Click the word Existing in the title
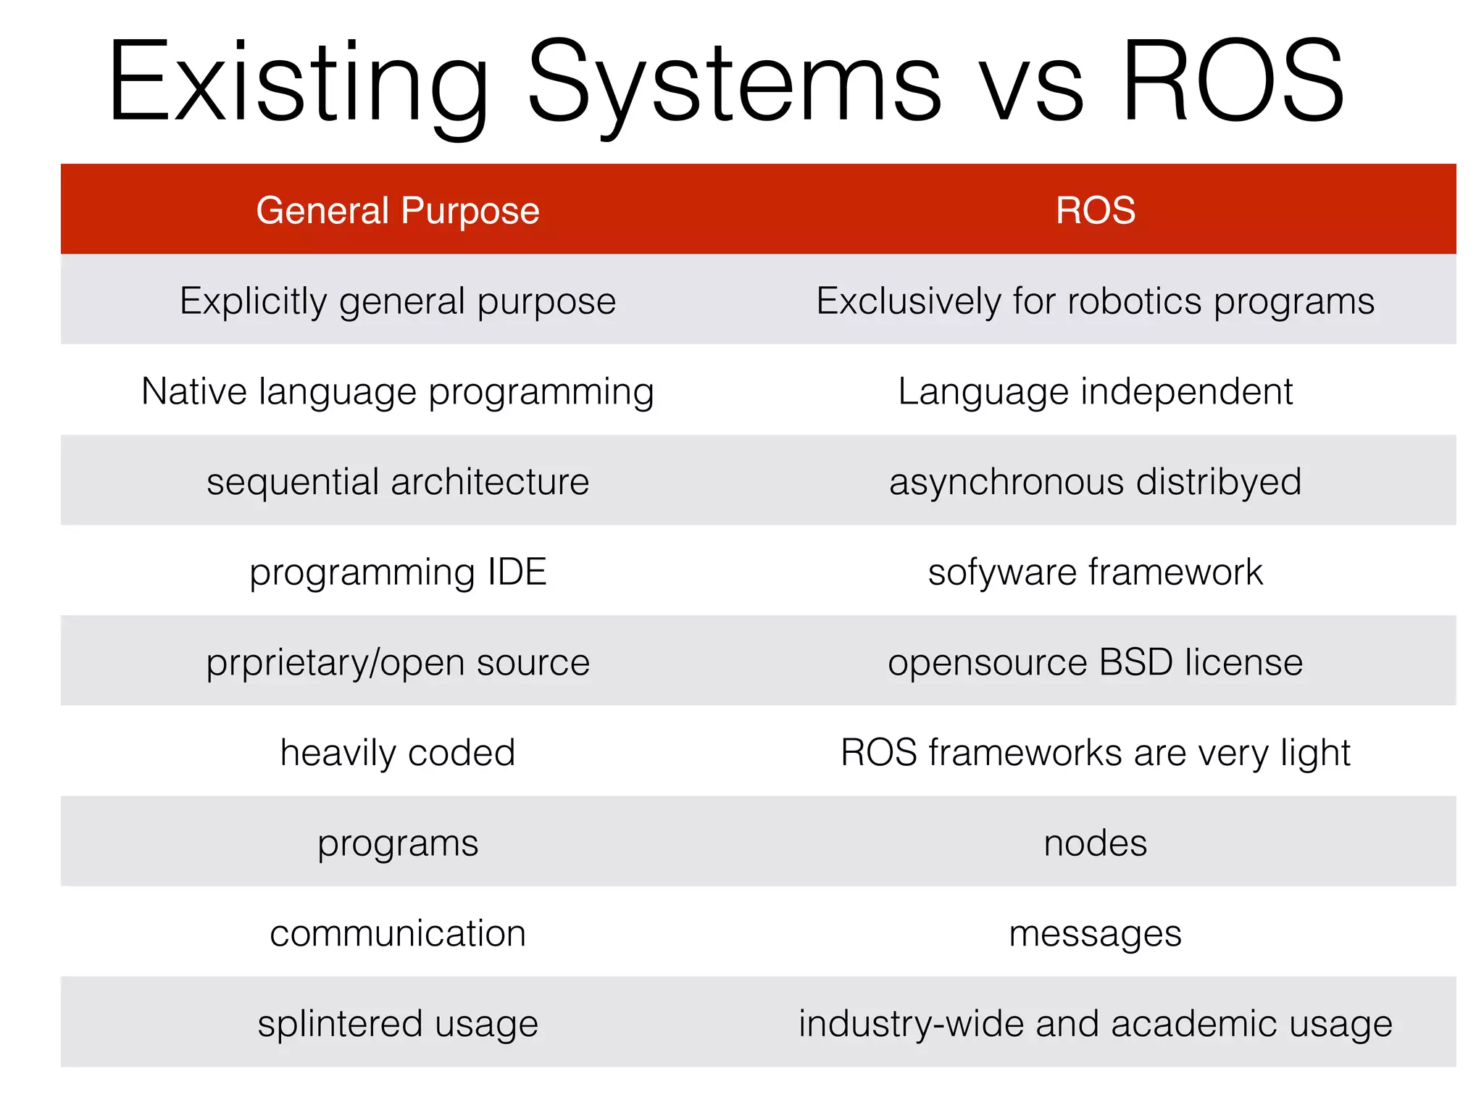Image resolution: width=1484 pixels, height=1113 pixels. pos(297,81)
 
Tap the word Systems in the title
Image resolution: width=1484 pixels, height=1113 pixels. pos(733,81)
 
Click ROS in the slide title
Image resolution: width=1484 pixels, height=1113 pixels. pos(1232,81)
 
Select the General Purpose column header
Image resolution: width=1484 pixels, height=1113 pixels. pos(398,211)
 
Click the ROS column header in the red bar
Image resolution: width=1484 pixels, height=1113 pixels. pos(1095,211)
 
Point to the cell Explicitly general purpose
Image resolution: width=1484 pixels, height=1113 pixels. pos(398,301)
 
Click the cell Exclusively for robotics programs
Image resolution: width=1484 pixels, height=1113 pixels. pos(1095,301)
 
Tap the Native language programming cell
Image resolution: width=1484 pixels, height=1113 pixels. pos(398,391)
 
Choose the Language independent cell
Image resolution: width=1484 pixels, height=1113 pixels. pos(1095,391)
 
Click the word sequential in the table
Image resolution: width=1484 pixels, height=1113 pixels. pos(292,482)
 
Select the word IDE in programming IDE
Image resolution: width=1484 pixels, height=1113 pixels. pos(517,572)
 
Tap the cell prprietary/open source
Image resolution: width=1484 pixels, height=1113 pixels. pos(398,662)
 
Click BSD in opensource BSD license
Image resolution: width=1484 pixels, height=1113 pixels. pos(1135,662)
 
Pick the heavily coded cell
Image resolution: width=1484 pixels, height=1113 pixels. pos(398,752)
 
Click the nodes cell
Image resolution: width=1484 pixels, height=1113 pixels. pos(1095,843)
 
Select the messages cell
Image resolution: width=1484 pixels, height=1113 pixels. pos(1095,933)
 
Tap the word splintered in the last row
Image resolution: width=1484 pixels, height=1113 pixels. pos(340,1023)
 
